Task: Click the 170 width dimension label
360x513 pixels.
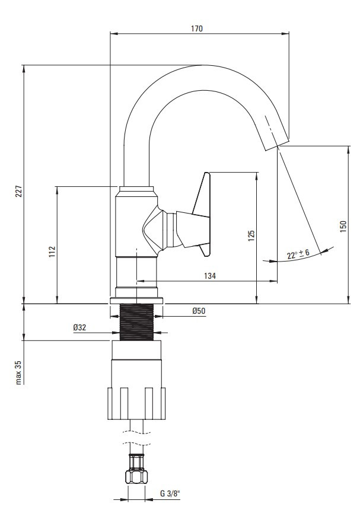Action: pyautogui.click(x=197, y=28)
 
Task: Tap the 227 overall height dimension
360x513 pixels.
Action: pyautogui.click(x=18, y=191)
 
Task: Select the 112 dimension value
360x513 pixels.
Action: pyautogui.click(x=52, y=251)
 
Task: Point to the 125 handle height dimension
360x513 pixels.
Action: pyautogui.click(x=251, y=236)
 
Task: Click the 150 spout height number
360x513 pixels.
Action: pyautogui.click(x=343, y=227)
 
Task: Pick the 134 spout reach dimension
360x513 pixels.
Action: pyautogui.click(x=210, y=276)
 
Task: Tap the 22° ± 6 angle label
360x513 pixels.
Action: pyautogui.click(x=298, y=254)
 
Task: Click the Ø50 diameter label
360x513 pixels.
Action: pyautogui.click(x=199, y=311)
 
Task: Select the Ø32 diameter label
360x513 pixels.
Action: pyautogui.click(x=79, y=327)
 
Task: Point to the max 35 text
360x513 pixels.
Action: pyautogui.click(x=18, y=372)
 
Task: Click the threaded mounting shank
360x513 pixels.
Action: pyautogui.click(x=137, y=322)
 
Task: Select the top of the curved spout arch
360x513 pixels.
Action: pyautogui.click(x=202, y=65)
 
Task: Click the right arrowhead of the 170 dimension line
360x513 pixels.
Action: pyautogui.click(x=286, y=33)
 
